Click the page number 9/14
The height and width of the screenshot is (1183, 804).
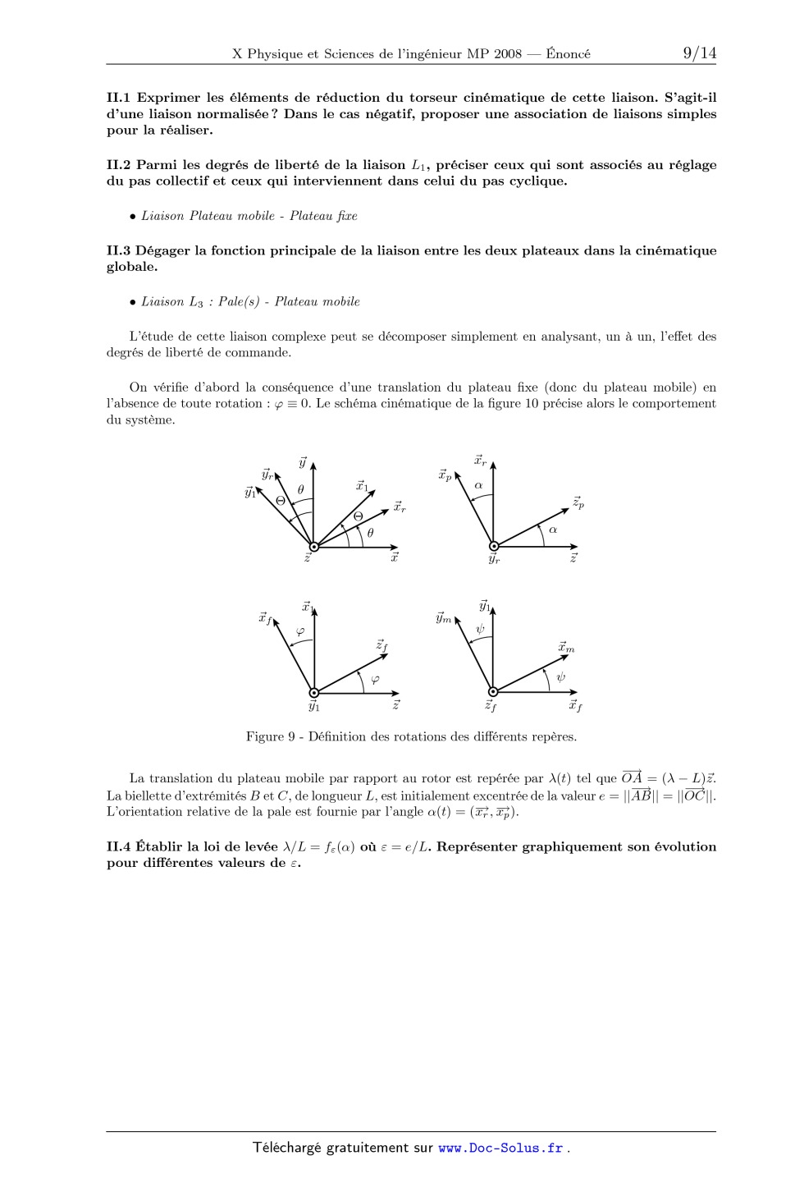pos(699,54)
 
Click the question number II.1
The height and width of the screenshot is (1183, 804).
pos(120,98)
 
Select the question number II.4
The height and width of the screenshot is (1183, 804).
pos(120,846)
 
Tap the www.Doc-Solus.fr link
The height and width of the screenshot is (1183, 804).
pos(500,1148)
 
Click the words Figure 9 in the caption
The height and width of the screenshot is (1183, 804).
pos(270,736)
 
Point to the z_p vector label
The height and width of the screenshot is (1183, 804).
pos(578,502)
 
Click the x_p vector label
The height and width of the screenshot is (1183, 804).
pos(445,475)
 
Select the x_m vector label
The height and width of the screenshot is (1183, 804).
pos(566,647)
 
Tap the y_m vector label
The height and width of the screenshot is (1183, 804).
pos(444,618)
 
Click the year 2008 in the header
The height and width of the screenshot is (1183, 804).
pos(508,54)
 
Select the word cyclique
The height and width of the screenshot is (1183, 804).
pos(537,181)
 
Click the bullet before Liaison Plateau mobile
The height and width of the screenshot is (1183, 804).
pos(132,216)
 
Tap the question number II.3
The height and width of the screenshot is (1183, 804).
pos(120,250)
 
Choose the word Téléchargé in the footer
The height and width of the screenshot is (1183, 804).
pos(287,1148)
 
